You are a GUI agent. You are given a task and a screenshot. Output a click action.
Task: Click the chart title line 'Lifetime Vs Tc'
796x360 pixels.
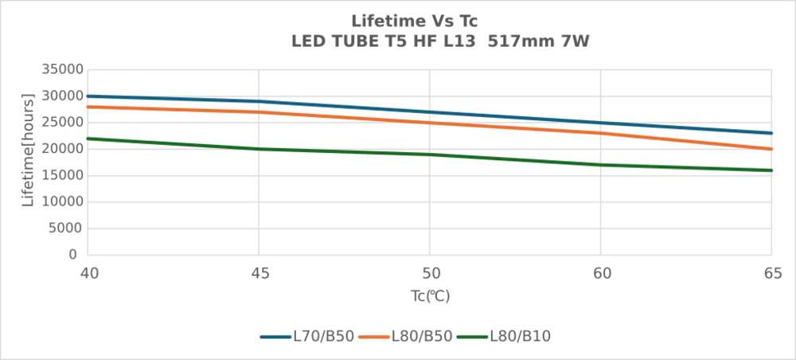click(414, 19)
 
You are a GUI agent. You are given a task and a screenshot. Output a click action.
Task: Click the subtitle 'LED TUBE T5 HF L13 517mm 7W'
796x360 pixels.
click(440, 41)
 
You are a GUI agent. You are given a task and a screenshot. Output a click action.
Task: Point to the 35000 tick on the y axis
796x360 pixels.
click(62, 69)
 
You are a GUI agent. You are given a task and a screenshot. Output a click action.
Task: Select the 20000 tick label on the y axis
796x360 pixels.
click(62, 149)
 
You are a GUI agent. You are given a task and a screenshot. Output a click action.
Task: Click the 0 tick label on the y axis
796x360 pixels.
click(72, 255)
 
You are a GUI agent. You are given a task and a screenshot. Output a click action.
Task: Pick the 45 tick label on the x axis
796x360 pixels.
click(259, 274)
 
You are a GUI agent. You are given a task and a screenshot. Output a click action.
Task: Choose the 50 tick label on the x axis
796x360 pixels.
click(430, 274)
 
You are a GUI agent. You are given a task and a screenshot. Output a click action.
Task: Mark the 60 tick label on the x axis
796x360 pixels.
click(601, 274)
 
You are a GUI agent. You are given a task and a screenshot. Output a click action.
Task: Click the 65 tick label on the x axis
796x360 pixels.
click(771, 274)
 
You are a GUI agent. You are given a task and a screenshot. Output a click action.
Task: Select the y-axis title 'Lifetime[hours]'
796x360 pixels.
click(29, 151)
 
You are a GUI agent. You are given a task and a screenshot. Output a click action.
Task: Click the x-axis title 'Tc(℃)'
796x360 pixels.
click(430, 296)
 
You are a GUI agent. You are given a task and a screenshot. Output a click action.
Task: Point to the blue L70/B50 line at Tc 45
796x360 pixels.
click(259, 101)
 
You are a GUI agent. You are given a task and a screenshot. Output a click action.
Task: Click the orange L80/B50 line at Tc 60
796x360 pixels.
click(601, 133)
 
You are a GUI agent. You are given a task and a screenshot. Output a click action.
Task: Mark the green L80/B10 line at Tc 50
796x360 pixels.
click(430, 155)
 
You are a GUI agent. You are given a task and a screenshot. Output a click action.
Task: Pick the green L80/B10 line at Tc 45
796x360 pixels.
click(259, 149)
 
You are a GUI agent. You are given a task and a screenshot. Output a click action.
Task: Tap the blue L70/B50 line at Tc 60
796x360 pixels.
click(601, 123)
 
